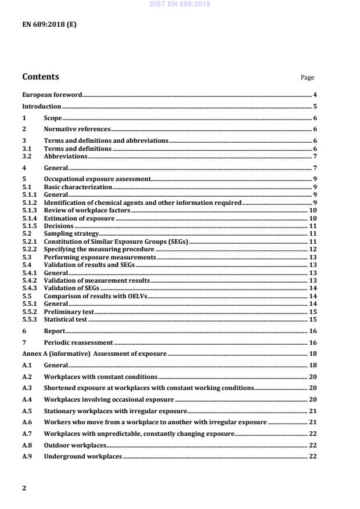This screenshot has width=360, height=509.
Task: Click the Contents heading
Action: click(40, 77)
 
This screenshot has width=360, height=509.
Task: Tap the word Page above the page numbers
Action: click(307, 78)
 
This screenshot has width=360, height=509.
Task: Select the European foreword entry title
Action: click(52, 95)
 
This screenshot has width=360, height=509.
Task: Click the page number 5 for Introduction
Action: click(314, 107)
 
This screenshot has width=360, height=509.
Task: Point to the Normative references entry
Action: click(77, 129)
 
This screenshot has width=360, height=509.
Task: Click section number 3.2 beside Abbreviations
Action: click(26, 156)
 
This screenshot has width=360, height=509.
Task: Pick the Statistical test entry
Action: click(66, 319)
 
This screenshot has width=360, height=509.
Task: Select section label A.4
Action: click(27, 400)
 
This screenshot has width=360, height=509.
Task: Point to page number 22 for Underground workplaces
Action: click(312, 457)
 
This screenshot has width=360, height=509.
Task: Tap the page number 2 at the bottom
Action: click(24, 488)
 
